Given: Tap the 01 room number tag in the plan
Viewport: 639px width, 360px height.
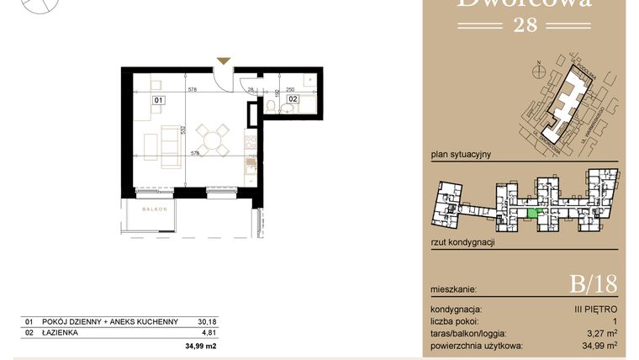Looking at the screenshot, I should [x=157, y=100].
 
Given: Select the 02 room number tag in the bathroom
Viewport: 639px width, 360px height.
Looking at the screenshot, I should [x=293, y=99].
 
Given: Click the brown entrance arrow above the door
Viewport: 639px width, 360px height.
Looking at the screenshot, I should [x=222, y=61].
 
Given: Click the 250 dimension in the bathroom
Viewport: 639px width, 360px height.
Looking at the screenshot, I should [x=290, y=88].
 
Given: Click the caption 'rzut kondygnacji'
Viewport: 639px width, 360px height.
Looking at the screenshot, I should [x=462, y=242].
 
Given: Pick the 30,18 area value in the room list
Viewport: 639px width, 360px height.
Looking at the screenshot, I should [x=206, y=321].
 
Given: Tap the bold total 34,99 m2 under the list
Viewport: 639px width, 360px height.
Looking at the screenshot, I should [x=201, y=346].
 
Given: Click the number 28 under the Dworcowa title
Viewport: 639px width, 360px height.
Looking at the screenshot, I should [x=525, y=25].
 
